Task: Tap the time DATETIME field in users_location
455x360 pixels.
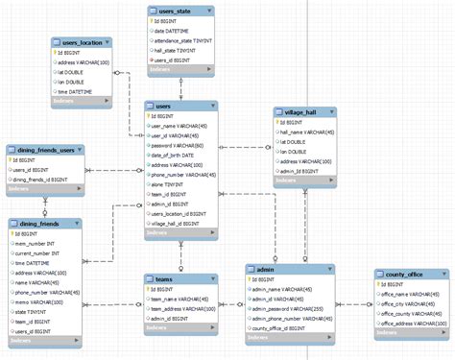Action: [81, 92]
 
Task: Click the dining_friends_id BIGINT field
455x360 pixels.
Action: [41, 180]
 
